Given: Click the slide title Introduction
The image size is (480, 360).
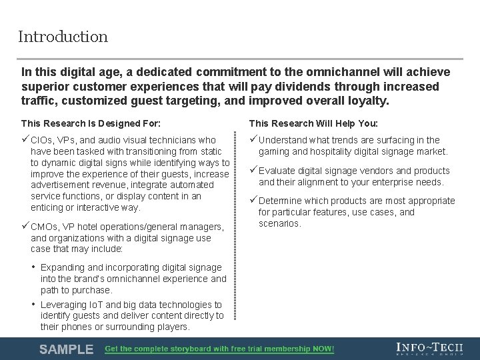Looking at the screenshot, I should pyautogui.click(x=63, y=37).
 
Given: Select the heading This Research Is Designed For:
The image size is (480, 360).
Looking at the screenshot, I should pyautogui.click(x=91, y=123).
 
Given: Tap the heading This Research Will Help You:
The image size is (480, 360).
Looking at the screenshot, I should pyautogui.click(x=313, y=123).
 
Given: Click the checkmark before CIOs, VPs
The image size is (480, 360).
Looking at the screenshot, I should pyautogui.click(x=25, y=139).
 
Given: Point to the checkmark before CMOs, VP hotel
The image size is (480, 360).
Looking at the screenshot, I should pyautogui.click(x=25, y=226).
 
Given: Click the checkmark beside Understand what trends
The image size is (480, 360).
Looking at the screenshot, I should pyautogui.click(x=253, y=139).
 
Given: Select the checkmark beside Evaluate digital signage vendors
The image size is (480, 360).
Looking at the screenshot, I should pyautogui.click(x=253, y=170).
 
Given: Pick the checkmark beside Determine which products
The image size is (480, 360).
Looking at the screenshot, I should pyautogui.click(x=253, y=200).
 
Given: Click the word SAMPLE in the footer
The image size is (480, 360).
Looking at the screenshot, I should pyautogui.click(x=66, y=349).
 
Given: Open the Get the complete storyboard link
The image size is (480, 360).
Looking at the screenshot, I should pyautogui.click(x=220, y=349).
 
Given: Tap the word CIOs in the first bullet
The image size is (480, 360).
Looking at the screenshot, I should pyautogui.click(x=43, y=140).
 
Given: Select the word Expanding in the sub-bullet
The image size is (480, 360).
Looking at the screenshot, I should pyautogui.click(x=63, y=267).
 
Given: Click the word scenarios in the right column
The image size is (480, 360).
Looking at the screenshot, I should pyautogui.click(x=280, y=223).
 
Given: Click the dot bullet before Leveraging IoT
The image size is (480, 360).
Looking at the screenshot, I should pyautogui.click(x=34, y=304).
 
